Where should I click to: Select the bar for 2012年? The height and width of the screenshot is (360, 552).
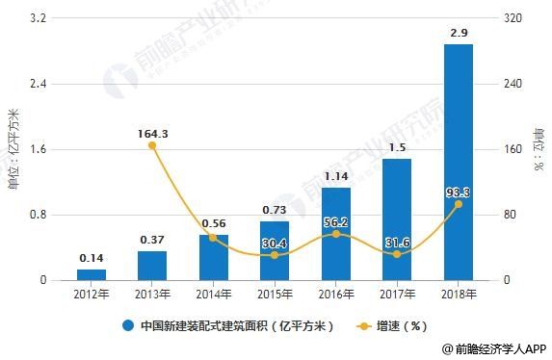[x=92, y=274]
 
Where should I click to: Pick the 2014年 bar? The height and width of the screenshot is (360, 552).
[x=213, y=257]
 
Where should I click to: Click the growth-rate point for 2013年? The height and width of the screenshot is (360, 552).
[x=152, y=145]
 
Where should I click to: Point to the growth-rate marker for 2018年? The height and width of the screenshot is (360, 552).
[x=458, y=204]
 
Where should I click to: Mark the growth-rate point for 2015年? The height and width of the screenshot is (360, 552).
[x=275, y=255]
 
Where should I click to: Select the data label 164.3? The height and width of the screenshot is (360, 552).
[x=152, y=133]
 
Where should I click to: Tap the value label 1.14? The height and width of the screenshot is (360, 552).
[x=335, y=177]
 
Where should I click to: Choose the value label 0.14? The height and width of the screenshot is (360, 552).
[x=92, y=258]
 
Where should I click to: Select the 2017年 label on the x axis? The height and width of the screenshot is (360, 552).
[x=397, y=293]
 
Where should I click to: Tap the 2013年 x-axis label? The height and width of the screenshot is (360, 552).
[x=152, y=293]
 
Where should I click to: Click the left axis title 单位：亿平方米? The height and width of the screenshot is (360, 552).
[x=13, y=149]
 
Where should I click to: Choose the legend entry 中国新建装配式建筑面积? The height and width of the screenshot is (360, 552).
[x=227, y=325]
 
